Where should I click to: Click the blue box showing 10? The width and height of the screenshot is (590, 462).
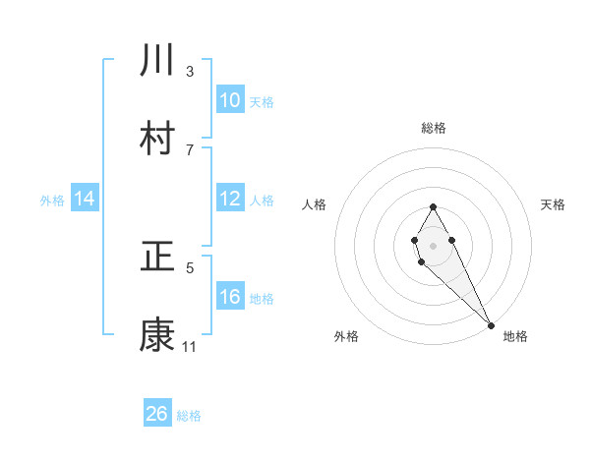[229, 99]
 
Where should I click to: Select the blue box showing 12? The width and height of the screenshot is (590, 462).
[229, 199]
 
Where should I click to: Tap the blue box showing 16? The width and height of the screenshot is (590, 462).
[229, 297]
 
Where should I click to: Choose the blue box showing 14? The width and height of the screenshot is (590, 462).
[85, 199]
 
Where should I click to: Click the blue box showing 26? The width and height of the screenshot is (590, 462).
[157, 414]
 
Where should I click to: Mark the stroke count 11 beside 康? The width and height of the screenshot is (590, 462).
[190, 347]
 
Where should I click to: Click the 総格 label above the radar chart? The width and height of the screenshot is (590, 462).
[433, 128]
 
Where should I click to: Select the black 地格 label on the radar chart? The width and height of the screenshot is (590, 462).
[515, 336]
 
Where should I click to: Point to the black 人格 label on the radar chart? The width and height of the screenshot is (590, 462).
[315, 204]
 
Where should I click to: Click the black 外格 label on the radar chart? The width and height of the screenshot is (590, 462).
[346, 336]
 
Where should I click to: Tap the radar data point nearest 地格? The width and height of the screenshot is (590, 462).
[491, 324]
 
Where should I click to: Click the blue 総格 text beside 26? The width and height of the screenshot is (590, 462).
[189, 415]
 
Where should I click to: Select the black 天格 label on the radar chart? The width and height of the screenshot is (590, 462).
[553, 204]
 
